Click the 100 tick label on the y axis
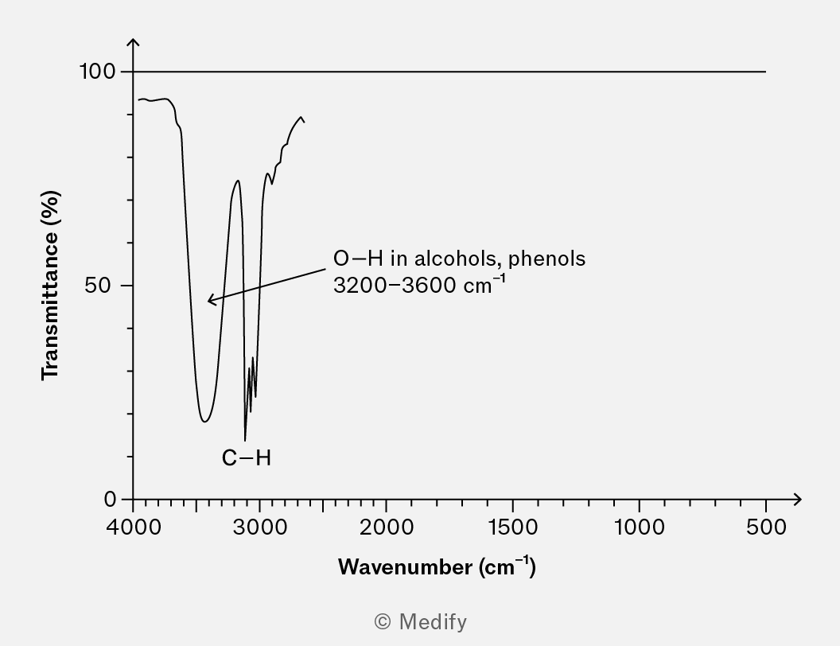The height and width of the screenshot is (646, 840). click(x=97, y=72)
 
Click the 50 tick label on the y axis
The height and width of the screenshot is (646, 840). click(x=102, y=286)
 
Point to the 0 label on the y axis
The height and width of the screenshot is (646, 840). click(x=110, y=499)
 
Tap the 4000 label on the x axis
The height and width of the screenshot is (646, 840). click(x=134, y=527)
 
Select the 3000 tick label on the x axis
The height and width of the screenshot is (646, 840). click(x=259, y=527)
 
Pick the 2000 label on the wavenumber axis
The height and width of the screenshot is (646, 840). click(x=386, y=527)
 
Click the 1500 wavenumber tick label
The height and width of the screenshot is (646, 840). click(x=512, y=527)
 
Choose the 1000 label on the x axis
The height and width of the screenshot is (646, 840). click(x=639, y=527)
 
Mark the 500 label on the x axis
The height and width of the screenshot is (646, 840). click(x=766, y=527)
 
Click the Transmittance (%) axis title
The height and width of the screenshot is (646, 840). click(x=51, y=285)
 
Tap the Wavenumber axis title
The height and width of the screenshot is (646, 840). click(x=437, y=566)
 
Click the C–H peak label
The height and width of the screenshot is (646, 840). click(x=247, y=458)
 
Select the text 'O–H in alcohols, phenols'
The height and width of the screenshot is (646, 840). click(x=459, y=259)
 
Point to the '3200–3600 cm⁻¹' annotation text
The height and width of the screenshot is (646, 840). click(x=419, y=284)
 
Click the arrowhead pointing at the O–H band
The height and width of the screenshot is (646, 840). click(x=210, y=301)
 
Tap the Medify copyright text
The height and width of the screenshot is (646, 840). click(x=420, y=621)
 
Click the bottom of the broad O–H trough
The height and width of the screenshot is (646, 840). click(x=205, y=421)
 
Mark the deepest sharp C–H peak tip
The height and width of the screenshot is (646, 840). click(x=245, y=439)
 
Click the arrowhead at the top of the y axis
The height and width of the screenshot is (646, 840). click(x=134, y=41)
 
